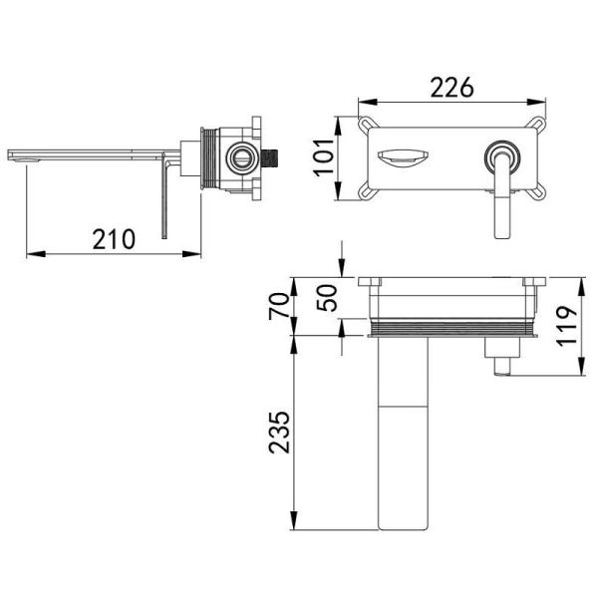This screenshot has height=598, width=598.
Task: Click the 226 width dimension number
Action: pyautogui.click(x=451, y=88)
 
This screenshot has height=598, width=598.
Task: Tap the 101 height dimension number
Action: pyautogui.click(x=323, y=157)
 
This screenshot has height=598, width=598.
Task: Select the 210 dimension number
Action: pyautogui.click(x=114, y=239)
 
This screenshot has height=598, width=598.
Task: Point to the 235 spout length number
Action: pyautogui.click(x=279, y=433)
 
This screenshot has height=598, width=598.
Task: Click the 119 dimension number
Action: pyautogui.click(x=567, y=326)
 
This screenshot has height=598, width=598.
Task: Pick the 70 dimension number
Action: pyautogui.click(x=279, y=306)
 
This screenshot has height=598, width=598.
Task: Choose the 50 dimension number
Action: pyautogui.click(x=328, y=298)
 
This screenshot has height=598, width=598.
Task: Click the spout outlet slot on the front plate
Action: pyautogui.click(x=403, y=157)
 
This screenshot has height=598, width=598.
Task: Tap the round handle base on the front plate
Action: pyautogui.click(x=503, y=157)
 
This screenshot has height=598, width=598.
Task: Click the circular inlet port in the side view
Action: pyautogui.click(x=240, y=157)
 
